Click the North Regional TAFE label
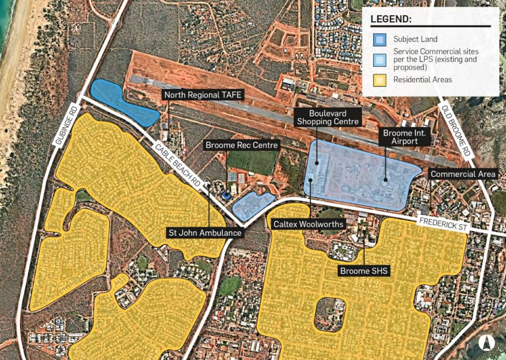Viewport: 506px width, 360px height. click(x=203, y=95)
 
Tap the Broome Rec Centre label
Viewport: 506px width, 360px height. click(x=242, y=145)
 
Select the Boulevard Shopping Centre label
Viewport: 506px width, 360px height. click(x=328, y=118)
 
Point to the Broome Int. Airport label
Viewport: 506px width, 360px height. click(x=403, y=137)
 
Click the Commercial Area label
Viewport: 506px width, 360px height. click(x=463, y=174)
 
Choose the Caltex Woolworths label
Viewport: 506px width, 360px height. click(x=308, y=224)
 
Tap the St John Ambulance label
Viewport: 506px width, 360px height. click(x=205, y=232)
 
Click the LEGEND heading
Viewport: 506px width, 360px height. click(x=391, y=20)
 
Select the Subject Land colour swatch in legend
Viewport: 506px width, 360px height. click(x=379, y=38)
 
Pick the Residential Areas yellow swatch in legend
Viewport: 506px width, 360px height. click(x=379, y=80)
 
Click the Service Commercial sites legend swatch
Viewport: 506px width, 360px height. click(x=379, y=59)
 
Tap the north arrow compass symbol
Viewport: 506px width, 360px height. click(x=486, y=342)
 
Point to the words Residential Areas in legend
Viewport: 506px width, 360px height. click(x=423, y=80)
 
